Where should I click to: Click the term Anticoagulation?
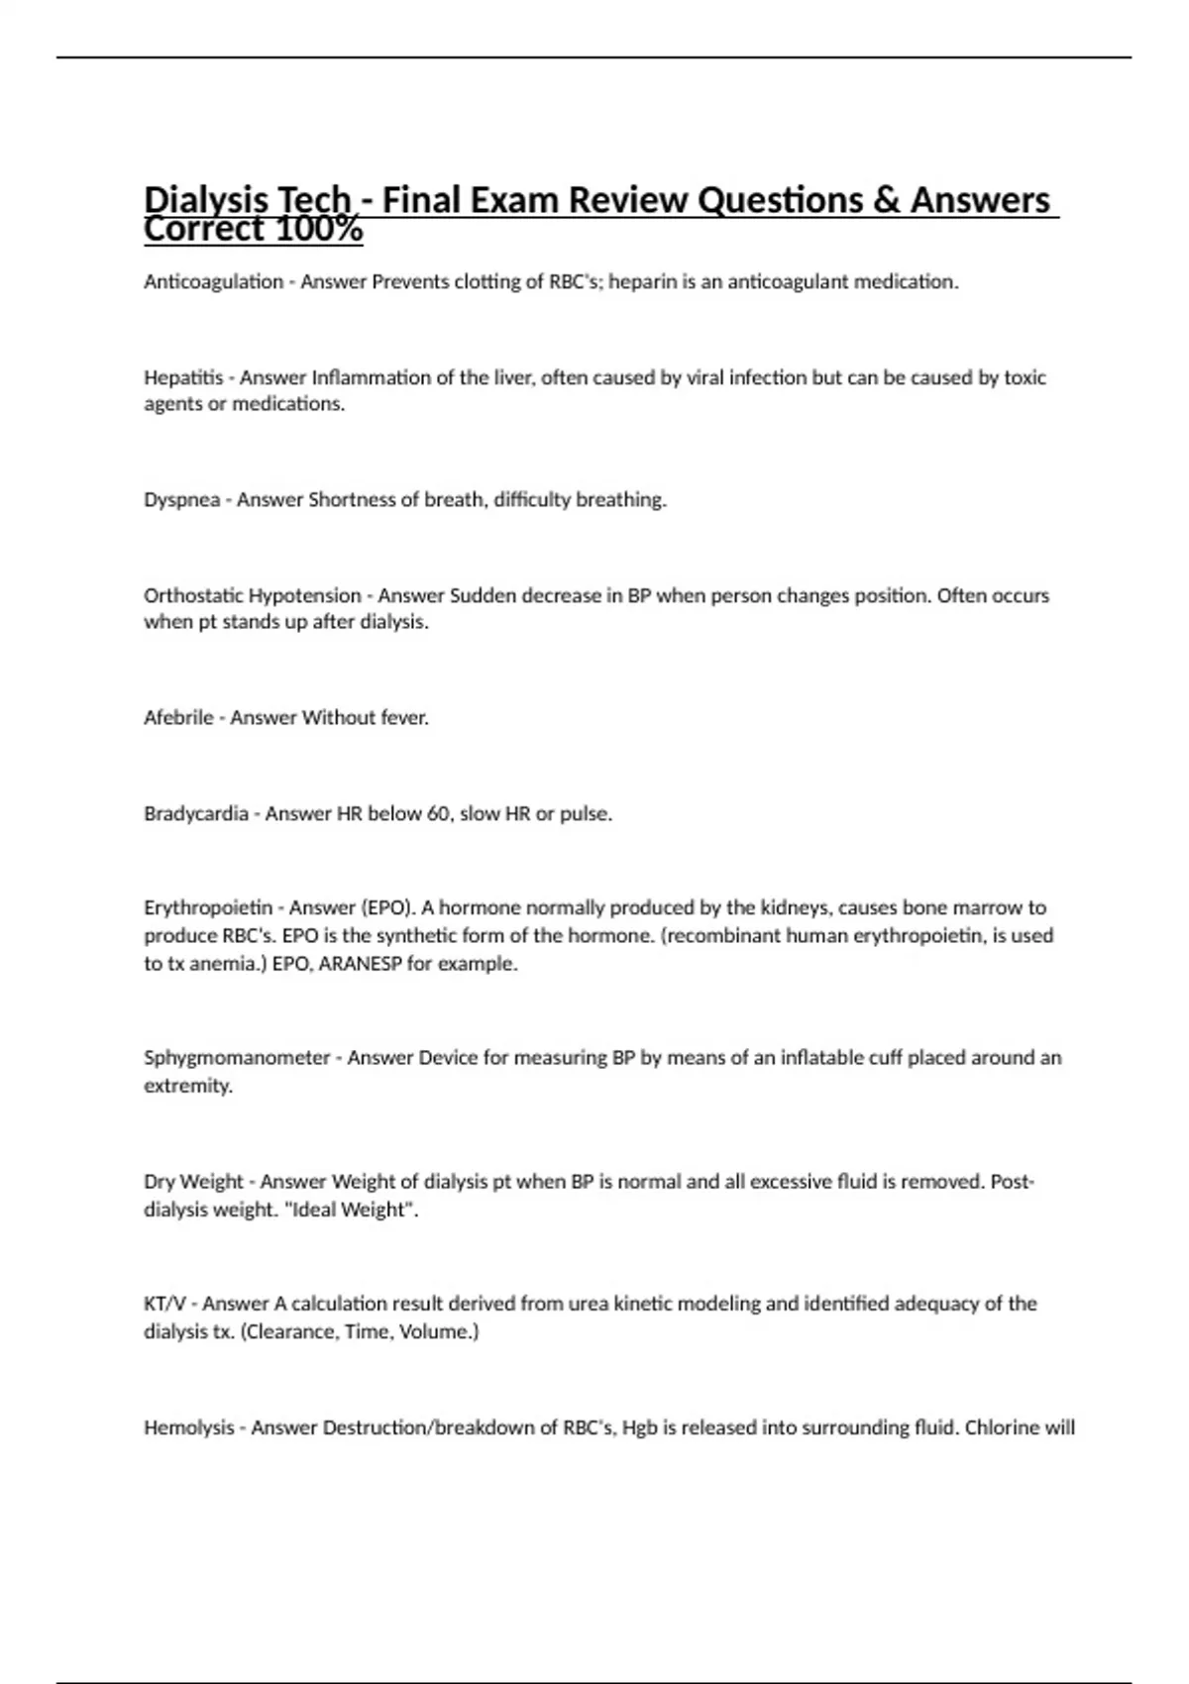[213, 282]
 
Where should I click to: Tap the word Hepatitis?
[183, 377]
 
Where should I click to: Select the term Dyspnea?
[181, 500]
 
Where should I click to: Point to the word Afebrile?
[178, 718]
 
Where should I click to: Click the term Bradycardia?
[195, 814]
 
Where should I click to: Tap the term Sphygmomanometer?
[237, 1058]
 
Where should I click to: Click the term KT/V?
[164, 1304]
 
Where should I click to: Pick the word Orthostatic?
[193, 596]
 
